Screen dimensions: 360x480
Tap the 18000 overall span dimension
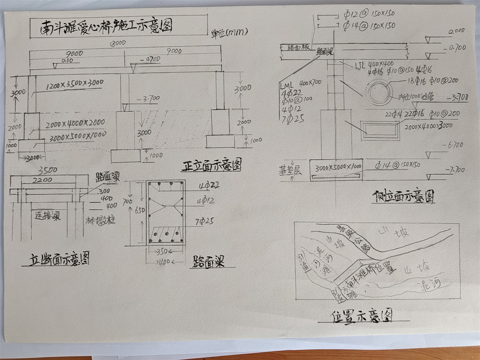click(117, 43)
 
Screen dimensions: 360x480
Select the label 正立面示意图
click(212, 166)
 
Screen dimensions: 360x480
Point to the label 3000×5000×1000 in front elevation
click(76, 135)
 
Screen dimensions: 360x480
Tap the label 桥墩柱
click(100, 221)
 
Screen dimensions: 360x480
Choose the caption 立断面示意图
click(58, 259)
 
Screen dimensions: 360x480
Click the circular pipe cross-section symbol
click(378, 90)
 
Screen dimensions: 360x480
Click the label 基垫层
click(291, 171)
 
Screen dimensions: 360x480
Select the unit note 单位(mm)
click(229, 33)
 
